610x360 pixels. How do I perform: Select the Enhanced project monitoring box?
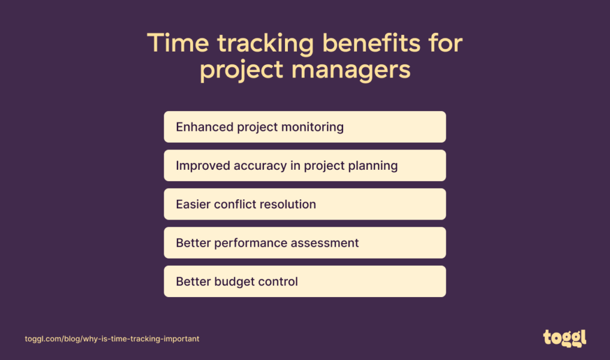305,127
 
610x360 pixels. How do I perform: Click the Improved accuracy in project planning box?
305,166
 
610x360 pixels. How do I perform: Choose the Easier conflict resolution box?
305,204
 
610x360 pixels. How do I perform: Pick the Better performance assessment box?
305,243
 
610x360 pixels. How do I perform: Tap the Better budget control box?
305,281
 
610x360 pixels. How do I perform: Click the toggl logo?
564,338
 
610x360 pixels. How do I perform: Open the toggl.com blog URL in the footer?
112,339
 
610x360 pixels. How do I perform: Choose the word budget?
233,282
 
